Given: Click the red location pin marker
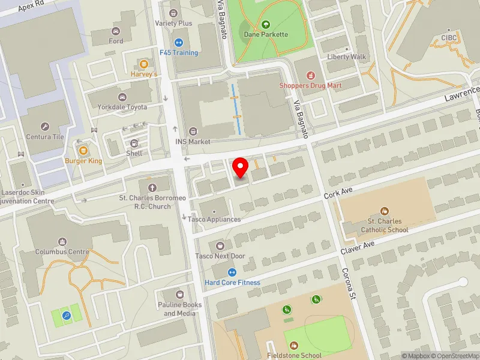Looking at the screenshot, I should tap(241, 167).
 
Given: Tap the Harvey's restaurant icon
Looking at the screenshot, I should tap(143, 64).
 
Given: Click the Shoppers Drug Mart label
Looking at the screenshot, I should tap(310, 85).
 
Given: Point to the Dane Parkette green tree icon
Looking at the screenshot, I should tap(266, 25).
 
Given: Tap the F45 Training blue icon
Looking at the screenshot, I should tap(178, 43).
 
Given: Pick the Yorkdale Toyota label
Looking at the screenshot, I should tap(122, 107).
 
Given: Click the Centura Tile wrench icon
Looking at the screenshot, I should tap(44, 127).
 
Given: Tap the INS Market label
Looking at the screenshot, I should tap(193, 142).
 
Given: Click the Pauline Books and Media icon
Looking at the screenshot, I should tap(179, 295).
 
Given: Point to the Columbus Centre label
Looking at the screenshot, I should tap(62, 252).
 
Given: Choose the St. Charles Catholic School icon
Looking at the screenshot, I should tap(384, 211).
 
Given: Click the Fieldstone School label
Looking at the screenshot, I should tap(294, 355).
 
